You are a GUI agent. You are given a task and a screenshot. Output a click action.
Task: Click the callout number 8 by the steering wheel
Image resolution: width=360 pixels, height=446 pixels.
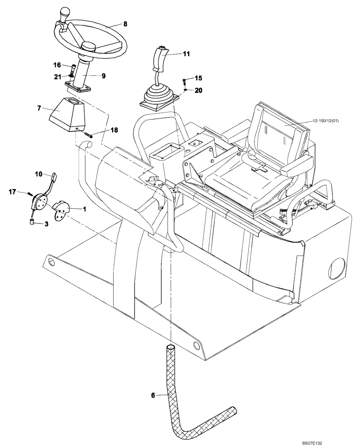coord(125,24)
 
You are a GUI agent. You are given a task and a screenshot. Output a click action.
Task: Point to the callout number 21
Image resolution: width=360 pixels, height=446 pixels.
coord(57,77)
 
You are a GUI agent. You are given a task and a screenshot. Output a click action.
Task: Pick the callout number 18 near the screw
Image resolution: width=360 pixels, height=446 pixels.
coord(115,130)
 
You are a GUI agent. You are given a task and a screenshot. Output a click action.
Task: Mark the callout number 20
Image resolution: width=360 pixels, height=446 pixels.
coord(198,90)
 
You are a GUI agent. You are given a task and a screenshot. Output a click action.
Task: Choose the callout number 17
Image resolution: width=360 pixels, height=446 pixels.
coord(12,192)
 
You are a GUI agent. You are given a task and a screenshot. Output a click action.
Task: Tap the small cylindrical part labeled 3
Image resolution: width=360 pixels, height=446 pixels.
coord(33,222)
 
